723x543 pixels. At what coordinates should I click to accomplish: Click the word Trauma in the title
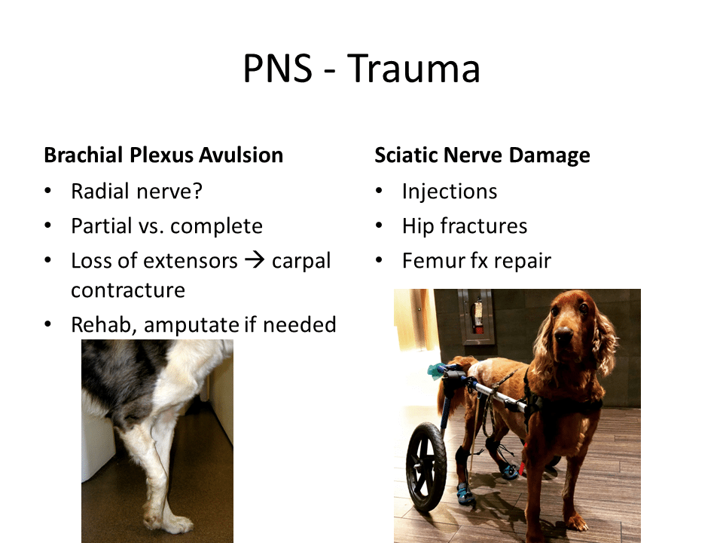pyautogui.click(x=413, y=69)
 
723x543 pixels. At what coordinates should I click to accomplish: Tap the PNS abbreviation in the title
pyautogui.click(x=278, y=69)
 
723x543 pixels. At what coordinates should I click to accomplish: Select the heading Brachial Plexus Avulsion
pyautogui.click(x=163, y=155)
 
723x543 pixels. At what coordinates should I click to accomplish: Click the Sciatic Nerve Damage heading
pyautogui.click(x=482, y=155)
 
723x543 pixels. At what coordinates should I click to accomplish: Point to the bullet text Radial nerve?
pyautogui.click(x=136, y=191)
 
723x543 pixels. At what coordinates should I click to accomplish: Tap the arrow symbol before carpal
pyautogui.click(x=255, y=260)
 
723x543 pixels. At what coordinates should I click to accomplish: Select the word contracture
pyautogui.click(x=128, y=290)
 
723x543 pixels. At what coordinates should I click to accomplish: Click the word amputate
pyautogui.click(x=191, y=325)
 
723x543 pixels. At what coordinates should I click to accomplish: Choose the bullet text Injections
pyautogui.click(x=450, y=192)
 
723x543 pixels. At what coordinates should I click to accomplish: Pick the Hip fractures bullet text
pyautogui.click(x=465, y=226)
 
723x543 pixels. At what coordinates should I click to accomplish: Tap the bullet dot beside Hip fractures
pyautogui.click(x=379, y=225)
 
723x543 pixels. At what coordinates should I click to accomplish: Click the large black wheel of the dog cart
pyautogui.click(x=426, y=467)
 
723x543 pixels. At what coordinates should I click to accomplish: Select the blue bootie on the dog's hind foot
pyautogui.click(x=465, y=493)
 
